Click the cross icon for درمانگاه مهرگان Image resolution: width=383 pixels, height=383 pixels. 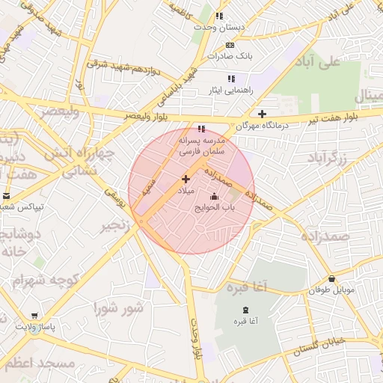[261, 114]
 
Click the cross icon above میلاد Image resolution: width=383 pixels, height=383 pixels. [186, 180]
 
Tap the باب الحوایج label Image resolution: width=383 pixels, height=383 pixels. [215, 207]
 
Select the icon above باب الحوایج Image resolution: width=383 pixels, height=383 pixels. [215, 196]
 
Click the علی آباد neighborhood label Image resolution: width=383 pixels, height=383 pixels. [340, 61]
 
